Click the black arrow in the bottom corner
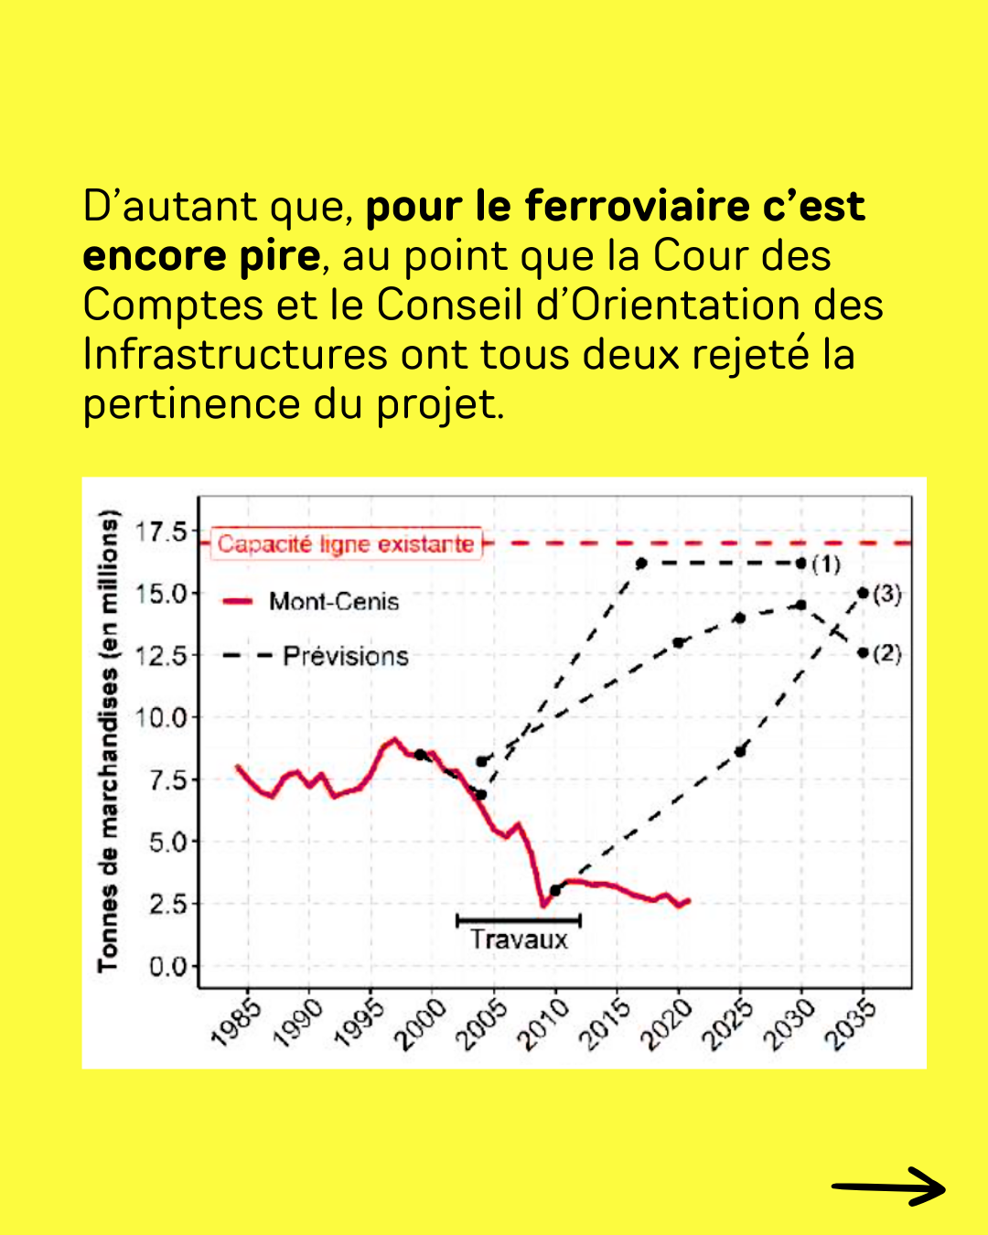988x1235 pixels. (888, 1187)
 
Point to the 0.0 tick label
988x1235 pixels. (167, 967)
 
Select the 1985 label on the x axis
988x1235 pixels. (237, 1023)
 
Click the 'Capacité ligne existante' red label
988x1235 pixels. (346, 544)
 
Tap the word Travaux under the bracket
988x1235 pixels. (519, 940)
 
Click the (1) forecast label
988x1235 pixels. (825, 564)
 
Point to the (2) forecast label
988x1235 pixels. (886, 653)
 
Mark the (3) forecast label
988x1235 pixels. (886, 595)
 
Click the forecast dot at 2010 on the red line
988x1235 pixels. (555, 890)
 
